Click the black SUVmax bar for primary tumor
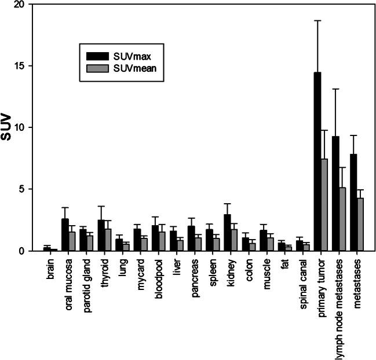317,162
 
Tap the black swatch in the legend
97,56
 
